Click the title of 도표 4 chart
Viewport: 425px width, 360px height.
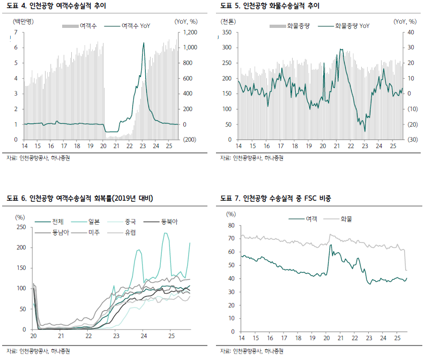coord(56,6)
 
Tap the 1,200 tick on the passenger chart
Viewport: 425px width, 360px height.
coord(190,33)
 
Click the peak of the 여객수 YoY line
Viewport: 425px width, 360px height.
coord(143,43)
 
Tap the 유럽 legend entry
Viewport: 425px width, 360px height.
coord(130,232)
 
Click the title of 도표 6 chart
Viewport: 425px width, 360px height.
coord(80,199)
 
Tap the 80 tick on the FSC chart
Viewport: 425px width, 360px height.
coord(231,225)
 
